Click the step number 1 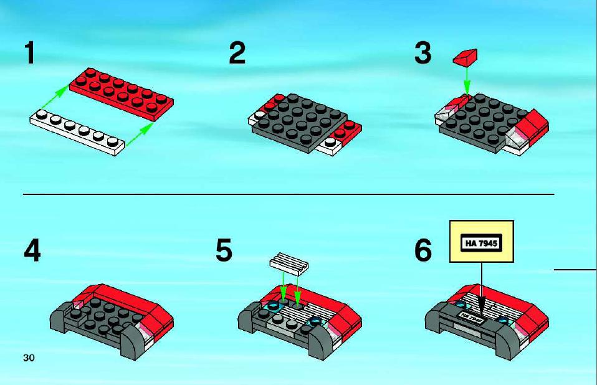(30, 53)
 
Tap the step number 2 (237, 53)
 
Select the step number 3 (423, 53)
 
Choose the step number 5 (224, 250)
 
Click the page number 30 (29, 358)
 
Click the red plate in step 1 (121, 94)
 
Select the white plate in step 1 (77, 132)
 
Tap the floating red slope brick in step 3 (466, 57)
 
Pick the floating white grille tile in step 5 (289, 264)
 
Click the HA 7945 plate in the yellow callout (481, 243)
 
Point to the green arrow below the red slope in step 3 (467, 80)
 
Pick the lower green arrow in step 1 (139, 135)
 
